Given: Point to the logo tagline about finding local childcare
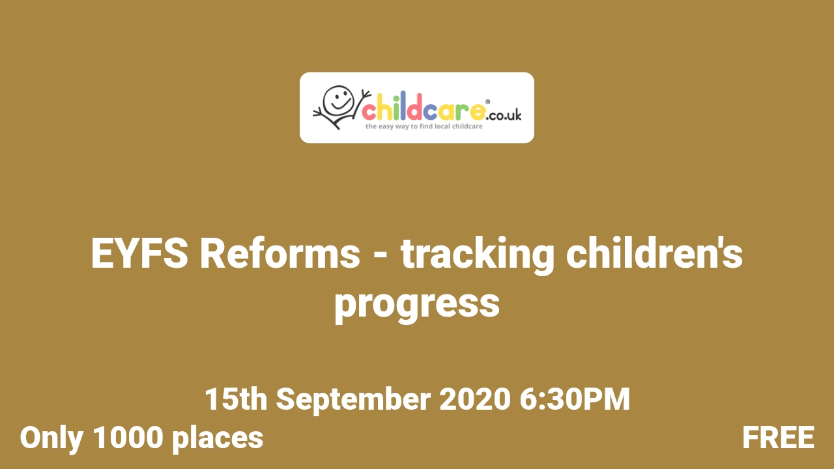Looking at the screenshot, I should coord(424,126).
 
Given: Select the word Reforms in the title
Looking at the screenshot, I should coord(280,254).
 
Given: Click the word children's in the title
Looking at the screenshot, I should coord(655,254).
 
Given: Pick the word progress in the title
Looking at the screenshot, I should coord(417,304).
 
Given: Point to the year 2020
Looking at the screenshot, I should coord(474,399).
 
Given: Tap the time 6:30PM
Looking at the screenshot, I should coord(575,399).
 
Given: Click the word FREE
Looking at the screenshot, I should coord(778,438).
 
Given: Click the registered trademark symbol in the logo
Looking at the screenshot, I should coord(488,101).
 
